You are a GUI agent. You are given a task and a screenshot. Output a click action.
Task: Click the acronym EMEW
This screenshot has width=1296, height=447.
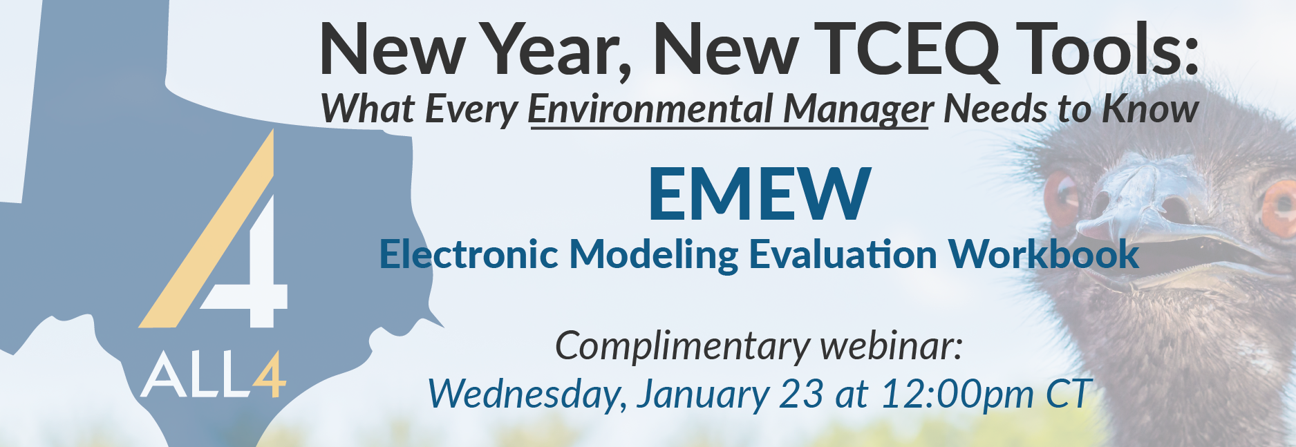coord(759,194)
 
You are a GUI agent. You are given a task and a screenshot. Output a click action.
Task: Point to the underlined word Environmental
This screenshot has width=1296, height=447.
coord(650,108)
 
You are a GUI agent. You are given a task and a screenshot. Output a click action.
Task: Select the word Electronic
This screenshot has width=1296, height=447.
coord(468,254)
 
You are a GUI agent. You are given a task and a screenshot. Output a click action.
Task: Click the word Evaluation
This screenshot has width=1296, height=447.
coord(843,254)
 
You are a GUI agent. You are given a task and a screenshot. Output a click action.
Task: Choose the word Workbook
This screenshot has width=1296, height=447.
coord(1044,254)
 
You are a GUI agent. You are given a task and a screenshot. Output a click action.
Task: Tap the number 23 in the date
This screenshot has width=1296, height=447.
coord(802,394)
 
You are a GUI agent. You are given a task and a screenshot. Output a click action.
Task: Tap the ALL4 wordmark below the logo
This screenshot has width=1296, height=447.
coord(213,377)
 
